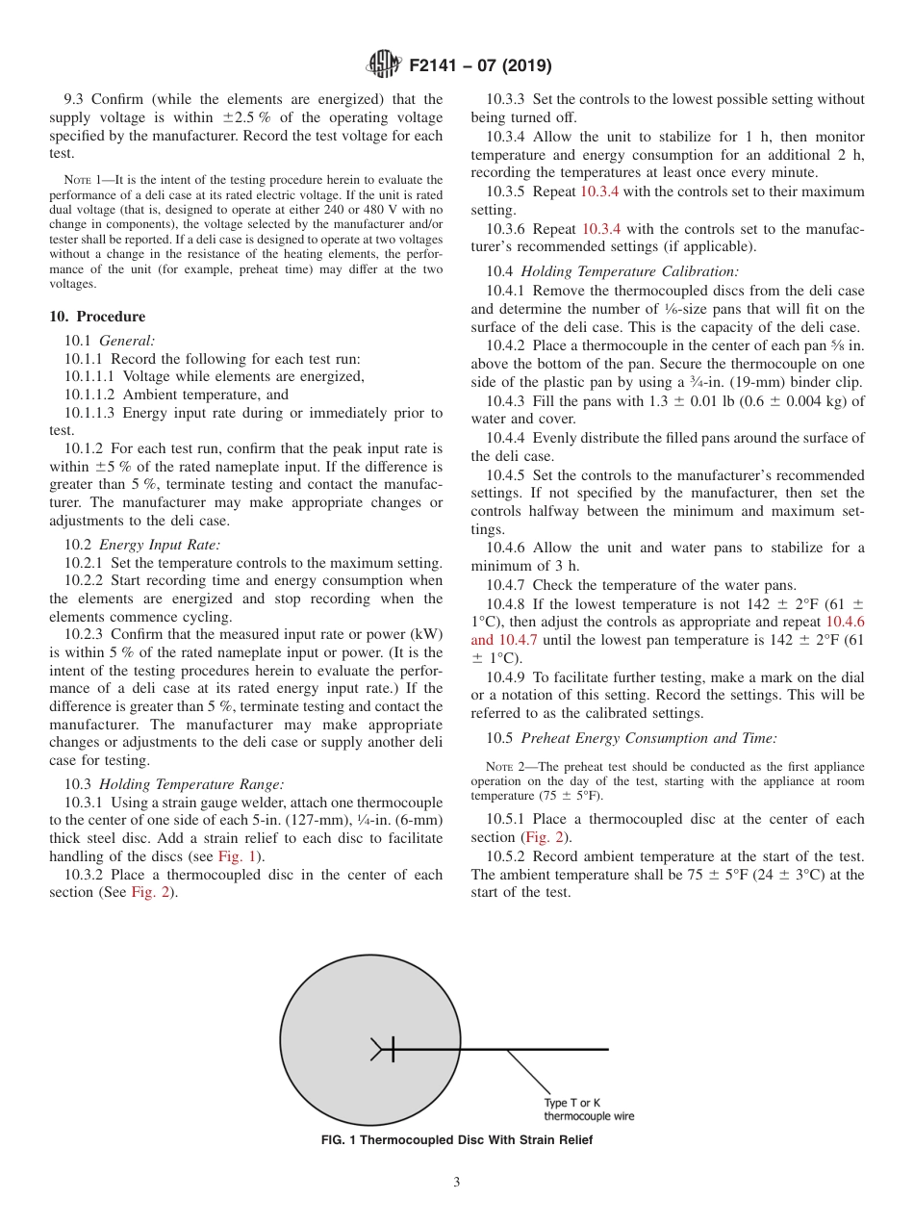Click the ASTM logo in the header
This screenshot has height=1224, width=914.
click(x=385, y=65)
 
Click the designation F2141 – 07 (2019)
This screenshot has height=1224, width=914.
click(x=480, y=65)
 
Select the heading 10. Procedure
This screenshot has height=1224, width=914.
click(x=97, y=317)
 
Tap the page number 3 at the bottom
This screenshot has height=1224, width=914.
click(x=456, y=1182)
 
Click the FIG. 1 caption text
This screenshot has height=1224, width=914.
click(x=456, y=1140)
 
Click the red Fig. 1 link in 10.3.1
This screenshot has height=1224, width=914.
click(x=235, y=856)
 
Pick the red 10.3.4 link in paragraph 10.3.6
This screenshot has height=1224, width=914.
click(x=603, y=229)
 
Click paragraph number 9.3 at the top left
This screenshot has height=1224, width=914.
click(x=75, y=99)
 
